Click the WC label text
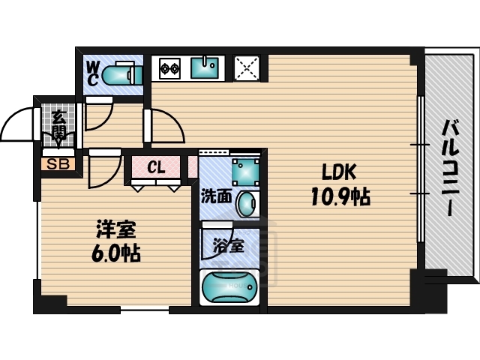(93, 73)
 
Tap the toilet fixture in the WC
(120, 75)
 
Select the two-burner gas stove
(169, 69)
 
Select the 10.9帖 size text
(340, 197)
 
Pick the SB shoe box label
(56, 163)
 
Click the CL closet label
(156, 167)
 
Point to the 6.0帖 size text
(116, 253)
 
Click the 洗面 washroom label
(216, 196)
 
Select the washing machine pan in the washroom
(244, 171)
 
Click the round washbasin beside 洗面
(247, 202)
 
